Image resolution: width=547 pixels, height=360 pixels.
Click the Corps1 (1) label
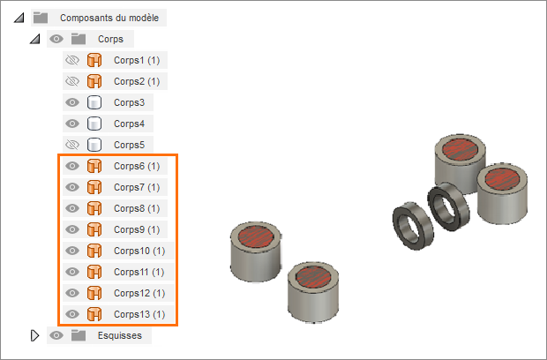pyautogui.click(x=137, y=60)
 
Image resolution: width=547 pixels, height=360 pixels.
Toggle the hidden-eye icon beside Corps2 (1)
pyautogui.click(x=72, y=81)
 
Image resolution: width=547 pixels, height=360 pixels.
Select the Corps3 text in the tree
pyautogui.click(x=129, y=102)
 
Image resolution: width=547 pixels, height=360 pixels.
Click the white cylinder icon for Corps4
pyautogui.click(x=94, y=124)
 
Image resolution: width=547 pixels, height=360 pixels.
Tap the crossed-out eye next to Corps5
pyautogui.click(x=72, y=145)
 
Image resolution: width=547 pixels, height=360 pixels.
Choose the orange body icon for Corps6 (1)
pyautogui.click(x=94, y=166)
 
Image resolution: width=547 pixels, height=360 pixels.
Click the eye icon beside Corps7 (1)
pyautogui.click(x=72, y=187)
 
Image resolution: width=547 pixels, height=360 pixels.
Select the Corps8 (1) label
pyautogui.click(x=137, y=208)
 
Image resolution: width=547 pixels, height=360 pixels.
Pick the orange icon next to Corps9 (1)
pyautogui.click(x=94, y=229)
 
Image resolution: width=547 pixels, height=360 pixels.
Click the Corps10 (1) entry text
pyautogui.click(x=139, y=251)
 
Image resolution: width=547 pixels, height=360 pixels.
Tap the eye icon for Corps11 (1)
pyautogui.click(x=72, y=272)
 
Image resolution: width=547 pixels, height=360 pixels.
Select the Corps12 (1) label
pyautogui.click(x=139, y=293)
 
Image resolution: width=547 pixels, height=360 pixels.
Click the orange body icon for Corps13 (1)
pyautogui.click(x=94, y=314)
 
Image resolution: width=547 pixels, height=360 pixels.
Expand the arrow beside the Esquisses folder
pyautogui.click(x=35, y=335)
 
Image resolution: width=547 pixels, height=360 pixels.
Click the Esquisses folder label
pyautogui.click(x=120, y=335)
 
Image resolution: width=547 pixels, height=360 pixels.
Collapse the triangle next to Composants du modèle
pyautogui.click(x=19, y=18)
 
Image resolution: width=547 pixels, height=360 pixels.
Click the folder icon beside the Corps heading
pyautogui.click(x=79, y=39)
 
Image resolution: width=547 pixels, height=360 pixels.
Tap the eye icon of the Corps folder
pyautogui.click(x=56, y=39)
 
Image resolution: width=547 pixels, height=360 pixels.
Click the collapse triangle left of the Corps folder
pyautogui.click(x=35, y=39)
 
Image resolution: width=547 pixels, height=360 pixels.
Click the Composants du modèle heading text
pyautogui.click(x=109, y=18)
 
